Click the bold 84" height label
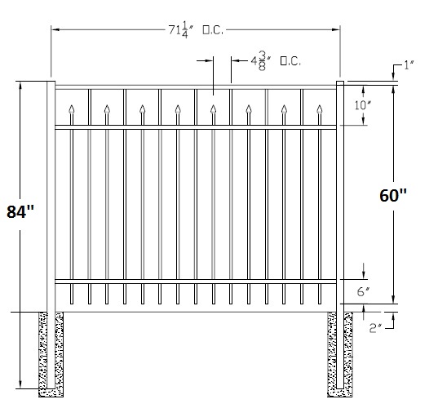(20, 211)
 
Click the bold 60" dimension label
(393, 195)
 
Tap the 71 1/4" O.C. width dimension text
(196, 30)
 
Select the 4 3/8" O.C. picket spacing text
(276, 60)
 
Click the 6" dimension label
(363, 291)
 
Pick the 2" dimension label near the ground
(375, 328)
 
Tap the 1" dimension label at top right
(409, 65)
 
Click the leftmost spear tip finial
(72, 109)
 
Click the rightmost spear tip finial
(320, 109)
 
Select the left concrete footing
(51, 354)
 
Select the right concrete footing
(340, 354)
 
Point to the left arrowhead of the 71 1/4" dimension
(55, 29)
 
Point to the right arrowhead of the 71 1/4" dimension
(336, 29)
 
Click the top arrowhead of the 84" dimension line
(20, 85)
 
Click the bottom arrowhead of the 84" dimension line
(20, 384)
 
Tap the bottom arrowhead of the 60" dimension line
(393, 300)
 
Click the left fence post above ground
(51, 197)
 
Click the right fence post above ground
(340, 197)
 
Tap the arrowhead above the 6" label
(364, 275)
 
